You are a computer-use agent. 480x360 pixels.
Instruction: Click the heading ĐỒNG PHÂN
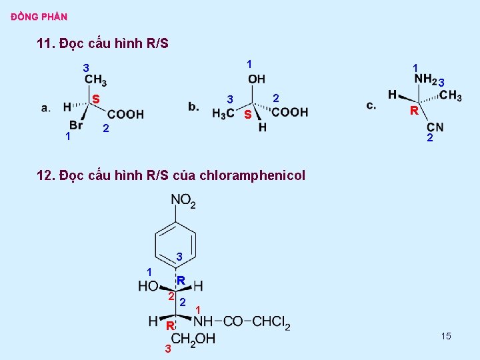[39, 16]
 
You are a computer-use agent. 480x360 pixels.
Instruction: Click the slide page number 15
[446, 336]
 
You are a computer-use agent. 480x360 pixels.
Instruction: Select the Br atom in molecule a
[76, 125]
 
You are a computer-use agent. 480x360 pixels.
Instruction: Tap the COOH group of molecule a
[125, 114]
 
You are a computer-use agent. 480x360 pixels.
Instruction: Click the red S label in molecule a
[96, 99]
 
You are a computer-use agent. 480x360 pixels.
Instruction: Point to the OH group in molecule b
[257, 80]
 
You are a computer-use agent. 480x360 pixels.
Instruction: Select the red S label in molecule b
[247, 115]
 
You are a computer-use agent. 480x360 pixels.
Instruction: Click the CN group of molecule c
[435, 127]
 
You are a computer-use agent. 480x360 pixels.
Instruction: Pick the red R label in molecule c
[414, 111]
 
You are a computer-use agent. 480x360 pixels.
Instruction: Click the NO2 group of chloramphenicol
[183, 200]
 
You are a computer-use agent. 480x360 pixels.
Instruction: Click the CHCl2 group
[271, 322]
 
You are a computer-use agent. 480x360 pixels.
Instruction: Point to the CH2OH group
[193, 339]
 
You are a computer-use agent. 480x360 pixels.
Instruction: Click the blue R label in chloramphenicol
[181, 281]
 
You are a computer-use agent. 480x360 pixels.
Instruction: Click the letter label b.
[193, 107]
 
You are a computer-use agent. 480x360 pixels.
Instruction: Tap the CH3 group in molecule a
[95, 81]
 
